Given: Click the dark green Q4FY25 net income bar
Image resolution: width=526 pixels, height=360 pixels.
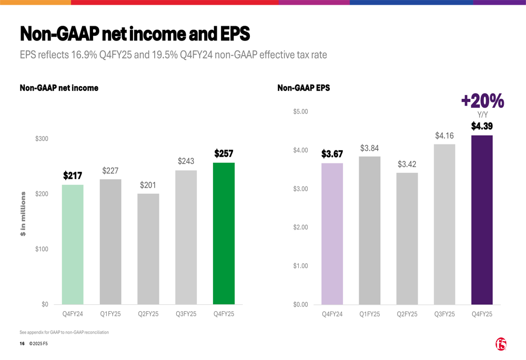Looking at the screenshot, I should click(x=224, y=233).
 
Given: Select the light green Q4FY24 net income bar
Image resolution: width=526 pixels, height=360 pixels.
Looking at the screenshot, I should click(x=73, y=244).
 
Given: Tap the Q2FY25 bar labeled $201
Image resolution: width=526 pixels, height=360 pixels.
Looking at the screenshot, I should click(x=148, y=249).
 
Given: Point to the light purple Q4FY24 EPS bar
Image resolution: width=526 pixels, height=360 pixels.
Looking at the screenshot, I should click(x=332, y=233).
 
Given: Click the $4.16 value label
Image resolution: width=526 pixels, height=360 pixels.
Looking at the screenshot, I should click(x=444, y=136).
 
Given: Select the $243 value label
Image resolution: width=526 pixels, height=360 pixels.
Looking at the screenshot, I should click(x=186, y=161).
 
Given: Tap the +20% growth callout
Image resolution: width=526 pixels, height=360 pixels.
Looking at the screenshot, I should click(x=482, y=101).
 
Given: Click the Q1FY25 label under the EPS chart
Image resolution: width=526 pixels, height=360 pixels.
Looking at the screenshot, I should click(x=369, y=314).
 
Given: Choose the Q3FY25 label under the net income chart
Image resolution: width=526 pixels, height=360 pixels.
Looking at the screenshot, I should click(x=186, y=314).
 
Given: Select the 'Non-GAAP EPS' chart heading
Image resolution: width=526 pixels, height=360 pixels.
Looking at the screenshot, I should click(x=304, y=88).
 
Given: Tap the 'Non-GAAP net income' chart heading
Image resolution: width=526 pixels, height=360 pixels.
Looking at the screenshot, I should click(x=59, y=88).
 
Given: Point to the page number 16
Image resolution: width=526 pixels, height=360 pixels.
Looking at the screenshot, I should click(x=22, y=344).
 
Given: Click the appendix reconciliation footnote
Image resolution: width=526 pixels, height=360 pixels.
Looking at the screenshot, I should click(x=64, y=332).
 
